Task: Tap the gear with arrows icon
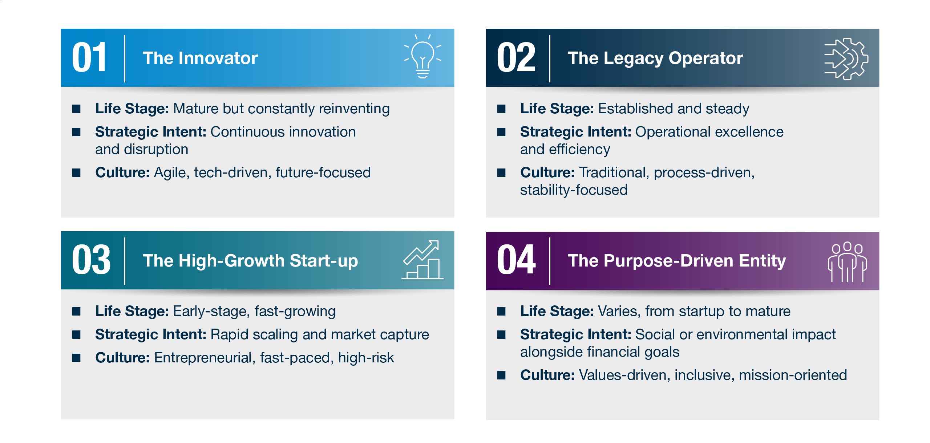tap(846, 58)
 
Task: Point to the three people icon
tap(847, 262)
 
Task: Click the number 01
tap(89, 58)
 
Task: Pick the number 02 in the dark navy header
tap(516, 58)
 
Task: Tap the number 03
tap(91, 260)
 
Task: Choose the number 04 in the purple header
tap(516, 260)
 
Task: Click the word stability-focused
tap(574, 190)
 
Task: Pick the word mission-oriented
tap(793, 375)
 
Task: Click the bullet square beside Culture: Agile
tap(76, 172)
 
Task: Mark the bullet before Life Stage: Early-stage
tap(76, 311)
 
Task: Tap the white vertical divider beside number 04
tap(550, 261)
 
